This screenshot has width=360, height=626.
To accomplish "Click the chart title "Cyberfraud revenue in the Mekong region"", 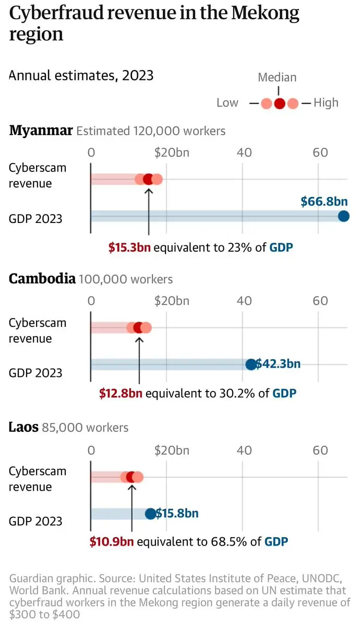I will [154, 23].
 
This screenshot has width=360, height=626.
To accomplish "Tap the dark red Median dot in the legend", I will [279, 103].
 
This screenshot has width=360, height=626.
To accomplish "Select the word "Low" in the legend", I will [227, 103].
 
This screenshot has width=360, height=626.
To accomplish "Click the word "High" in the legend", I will [326, 103].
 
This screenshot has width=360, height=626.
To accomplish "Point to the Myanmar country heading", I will [41, 131].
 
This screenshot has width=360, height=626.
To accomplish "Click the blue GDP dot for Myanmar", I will [343, 216].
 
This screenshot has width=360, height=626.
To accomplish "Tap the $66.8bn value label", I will [324, 202].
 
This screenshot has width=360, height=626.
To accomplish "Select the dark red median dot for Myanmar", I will [148, 180].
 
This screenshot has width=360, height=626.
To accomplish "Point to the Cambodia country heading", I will [42, 279].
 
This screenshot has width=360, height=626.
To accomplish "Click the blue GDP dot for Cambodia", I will [250, 364].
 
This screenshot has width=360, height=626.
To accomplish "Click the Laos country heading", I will [23, 427].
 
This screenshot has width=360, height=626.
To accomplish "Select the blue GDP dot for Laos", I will [150, 513].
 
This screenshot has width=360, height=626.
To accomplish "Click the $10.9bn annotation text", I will [111, 541].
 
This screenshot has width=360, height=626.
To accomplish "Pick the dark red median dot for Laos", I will [131, 477].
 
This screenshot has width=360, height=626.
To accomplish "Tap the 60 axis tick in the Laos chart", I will [320, 450].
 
